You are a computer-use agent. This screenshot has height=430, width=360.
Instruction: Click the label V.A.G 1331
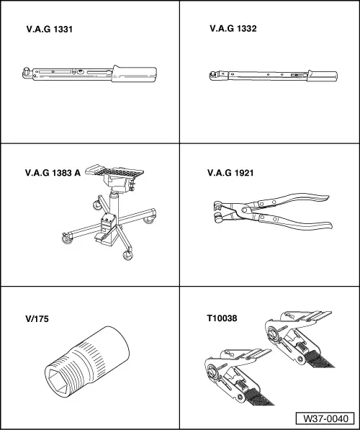coord(50,30)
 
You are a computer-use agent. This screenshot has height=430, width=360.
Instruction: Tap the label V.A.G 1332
coord(233,29)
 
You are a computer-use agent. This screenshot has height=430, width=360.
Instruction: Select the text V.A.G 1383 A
coord(53,173)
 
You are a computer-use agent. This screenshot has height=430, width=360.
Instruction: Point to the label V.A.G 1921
coord(230,173)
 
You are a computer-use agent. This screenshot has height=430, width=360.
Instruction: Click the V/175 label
coord(37,318)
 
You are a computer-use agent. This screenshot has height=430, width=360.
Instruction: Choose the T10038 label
coord(222,318)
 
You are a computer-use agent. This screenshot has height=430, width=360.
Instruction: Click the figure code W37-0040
coord(325,418)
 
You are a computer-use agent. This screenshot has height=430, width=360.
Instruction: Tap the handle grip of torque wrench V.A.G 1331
coord(134,74)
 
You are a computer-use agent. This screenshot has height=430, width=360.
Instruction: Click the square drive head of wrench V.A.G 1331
coord(27,73)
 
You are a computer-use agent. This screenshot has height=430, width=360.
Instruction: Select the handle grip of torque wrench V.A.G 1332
coord(322,76)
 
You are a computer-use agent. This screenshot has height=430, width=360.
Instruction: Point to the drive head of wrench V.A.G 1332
coord(215,76)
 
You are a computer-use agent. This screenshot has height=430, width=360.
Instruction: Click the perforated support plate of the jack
coord(114,171)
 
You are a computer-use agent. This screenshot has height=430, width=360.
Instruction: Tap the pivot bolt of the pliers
coord(243,210)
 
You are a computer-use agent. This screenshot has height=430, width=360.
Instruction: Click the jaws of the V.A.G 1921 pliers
coord(220,212)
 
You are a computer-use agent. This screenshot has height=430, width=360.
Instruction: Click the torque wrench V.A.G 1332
coord(274,76)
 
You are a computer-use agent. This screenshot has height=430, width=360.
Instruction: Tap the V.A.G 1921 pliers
coord(273,212)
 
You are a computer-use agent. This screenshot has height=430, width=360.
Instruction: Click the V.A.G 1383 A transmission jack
coord(109,212)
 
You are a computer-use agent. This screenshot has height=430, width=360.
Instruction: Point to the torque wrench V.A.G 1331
coord(90,74)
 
